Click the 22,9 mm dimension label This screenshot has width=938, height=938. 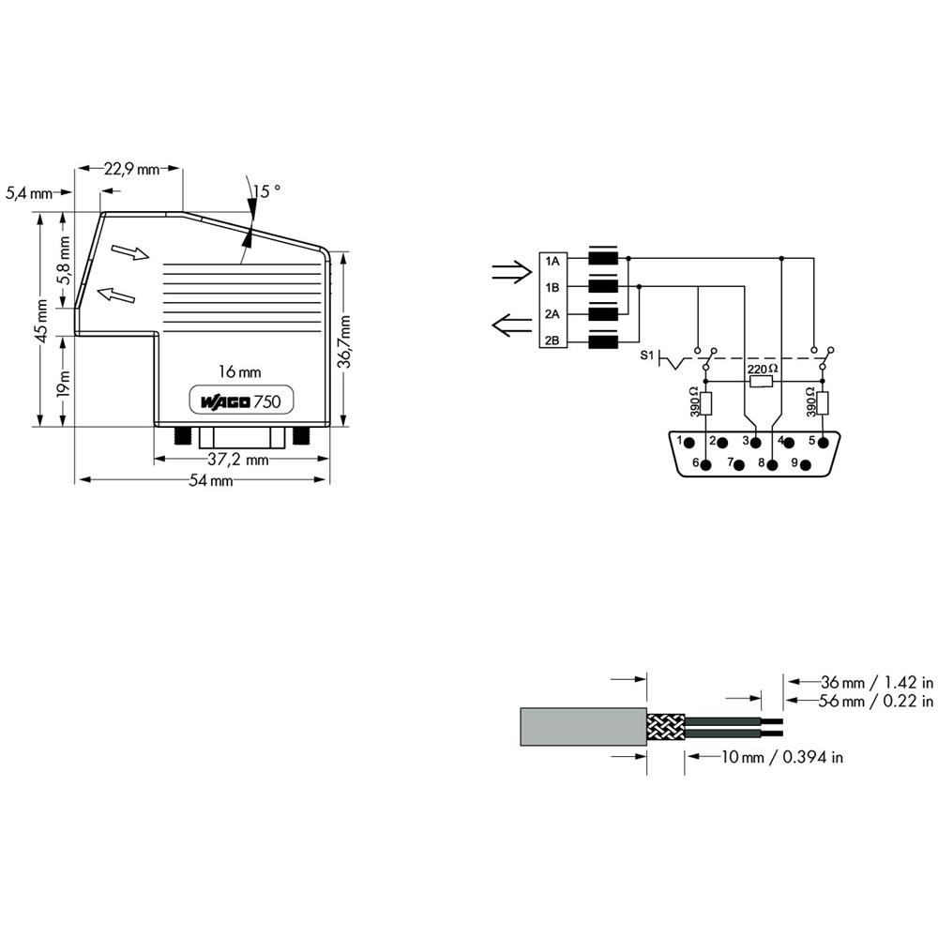[131, 169]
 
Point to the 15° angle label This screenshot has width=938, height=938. [266, 190]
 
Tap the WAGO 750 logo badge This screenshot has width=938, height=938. [242, 401]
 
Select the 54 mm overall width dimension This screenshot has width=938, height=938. [210, 479]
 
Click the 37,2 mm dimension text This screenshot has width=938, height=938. [238, 460]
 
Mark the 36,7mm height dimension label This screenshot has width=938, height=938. [345, 341]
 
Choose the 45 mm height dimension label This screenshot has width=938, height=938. [41, 321]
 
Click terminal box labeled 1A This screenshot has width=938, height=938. [552, 261]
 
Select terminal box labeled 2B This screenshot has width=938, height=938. [552, 340]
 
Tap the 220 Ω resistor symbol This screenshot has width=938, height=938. [761, 382]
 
